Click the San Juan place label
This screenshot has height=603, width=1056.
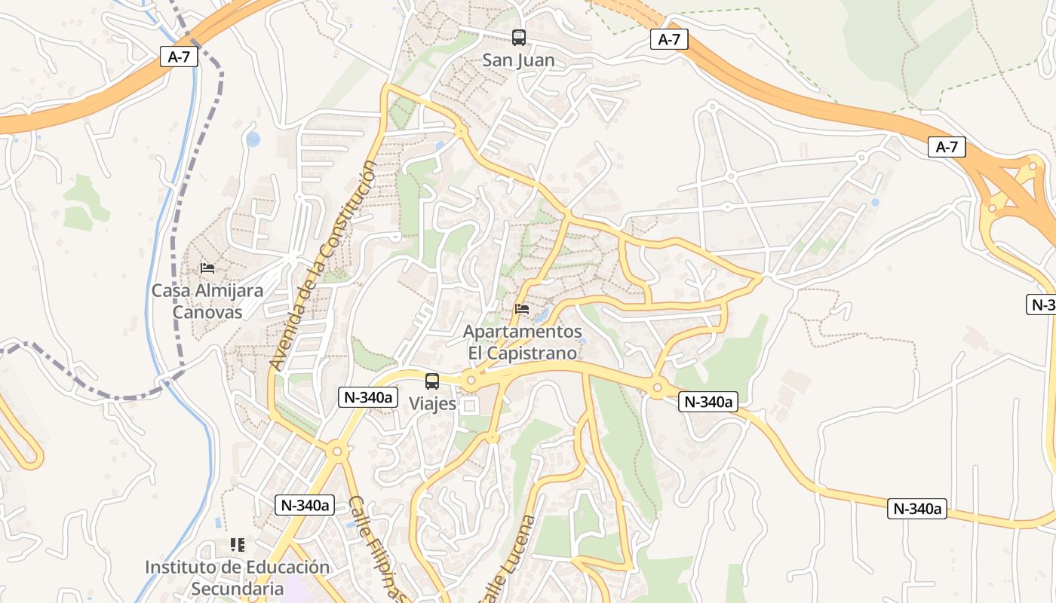click(x=518, y=60)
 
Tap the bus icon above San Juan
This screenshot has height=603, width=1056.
click(x=518, y=37)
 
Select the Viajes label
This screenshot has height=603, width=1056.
click(x=432, y=403)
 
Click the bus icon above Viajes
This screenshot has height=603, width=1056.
click(x=432, y=381)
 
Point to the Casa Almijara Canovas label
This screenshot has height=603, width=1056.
click(x=207, y=301)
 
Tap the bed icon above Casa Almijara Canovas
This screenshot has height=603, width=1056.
click(x=207, y=268)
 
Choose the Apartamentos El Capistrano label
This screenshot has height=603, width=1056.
click(x=522, y=342)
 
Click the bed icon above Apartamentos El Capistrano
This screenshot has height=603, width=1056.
click(x=521, y=309)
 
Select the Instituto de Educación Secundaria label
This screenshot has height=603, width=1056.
click(x=237, y=577)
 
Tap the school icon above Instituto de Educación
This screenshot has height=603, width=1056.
click(x=238, y=544)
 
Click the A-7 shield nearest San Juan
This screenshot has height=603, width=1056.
click(x=669, y=39)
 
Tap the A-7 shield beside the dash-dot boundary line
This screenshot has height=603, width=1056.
click(x=179, y=57)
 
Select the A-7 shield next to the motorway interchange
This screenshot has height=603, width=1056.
click(x=947, y=147)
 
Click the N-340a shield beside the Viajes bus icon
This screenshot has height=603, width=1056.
click(x=367, y=397)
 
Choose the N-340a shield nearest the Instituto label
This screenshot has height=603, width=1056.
click(x=305, y=505)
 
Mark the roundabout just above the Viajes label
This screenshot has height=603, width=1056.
click(x=471, y=381)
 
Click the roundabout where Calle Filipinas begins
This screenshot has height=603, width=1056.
click(x=336, y=452)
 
